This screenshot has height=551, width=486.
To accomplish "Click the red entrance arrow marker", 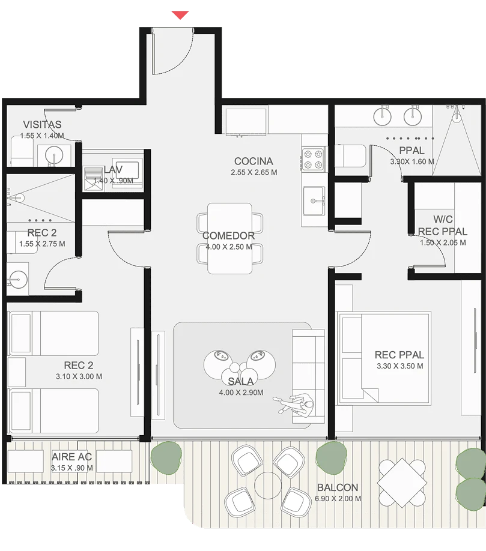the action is click(x=180, y=15).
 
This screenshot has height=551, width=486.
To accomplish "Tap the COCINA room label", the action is click(x=254, y=161).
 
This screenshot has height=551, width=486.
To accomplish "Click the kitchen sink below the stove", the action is click(x=314, y=200).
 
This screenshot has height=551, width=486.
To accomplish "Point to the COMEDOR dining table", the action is click(x=229, y=238).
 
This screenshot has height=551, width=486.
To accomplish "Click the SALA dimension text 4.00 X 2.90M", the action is click(x=241, y=393).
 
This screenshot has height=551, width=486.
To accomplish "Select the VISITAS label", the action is click(x=42, y=124).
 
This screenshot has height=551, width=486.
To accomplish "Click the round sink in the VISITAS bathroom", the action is click(x=54, y=155).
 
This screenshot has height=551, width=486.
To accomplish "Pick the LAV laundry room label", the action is click(x=113, y=170).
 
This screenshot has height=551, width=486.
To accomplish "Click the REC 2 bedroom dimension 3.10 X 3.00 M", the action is click(x=79, y=376).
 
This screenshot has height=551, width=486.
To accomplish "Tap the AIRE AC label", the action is click(x=71, y=457).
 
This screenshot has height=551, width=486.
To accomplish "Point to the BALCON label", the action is click(x=338, y=487).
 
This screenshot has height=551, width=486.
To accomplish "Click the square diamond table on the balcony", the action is click(x=402, y=483).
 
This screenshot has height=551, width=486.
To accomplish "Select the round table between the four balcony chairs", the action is click(x=268, y=486).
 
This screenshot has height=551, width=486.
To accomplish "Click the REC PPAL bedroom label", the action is click(x=399, y=355).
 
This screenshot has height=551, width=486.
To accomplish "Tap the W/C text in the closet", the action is click(x=443, y=219).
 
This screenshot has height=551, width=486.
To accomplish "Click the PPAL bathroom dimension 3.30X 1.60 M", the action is click(x=412, y=161).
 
